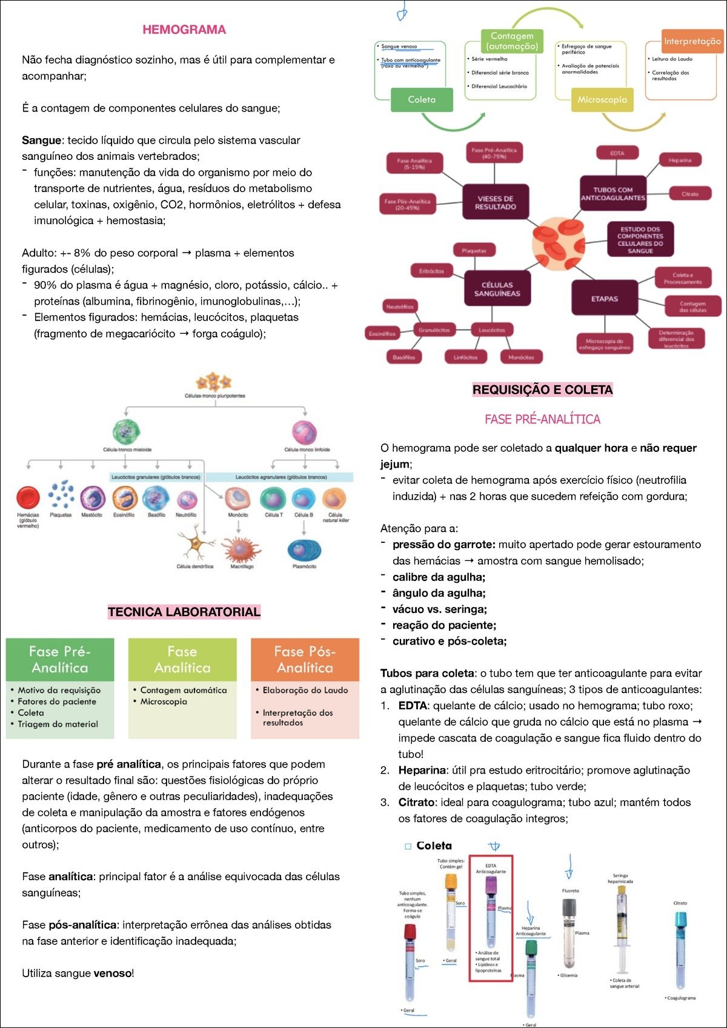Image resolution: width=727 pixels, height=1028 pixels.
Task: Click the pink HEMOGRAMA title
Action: click(x=184, y=30)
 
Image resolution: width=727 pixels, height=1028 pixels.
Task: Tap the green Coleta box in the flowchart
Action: click(x=422, y=100)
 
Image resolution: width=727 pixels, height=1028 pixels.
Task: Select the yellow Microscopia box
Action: click(x=602, y=100)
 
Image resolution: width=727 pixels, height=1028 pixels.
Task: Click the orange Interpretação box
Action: click(x=692, y=41)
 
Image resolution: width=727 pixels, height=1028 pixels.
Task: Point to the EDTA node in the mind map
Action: click(x=617, y=153)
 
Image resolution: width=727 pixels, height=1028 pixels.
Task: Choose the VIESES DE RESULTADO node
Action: click(x=496, y=202)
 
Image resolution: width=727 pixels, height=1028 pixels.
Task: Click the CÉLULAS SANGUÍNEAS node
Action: click(x=497, y=289)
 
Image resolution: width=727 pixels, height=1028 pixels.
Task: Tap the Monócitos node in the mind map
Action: click(x=521, y=357)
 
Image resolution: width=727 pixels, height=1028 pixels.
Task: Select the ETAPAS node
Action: click(x=605, y=299)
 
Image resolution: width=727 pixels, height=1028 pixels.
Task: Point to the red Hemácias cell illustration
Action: click(x=28, y=497)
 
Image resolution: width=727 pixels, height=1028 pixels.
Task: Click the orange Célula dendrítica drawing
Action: click(x=195, y=544)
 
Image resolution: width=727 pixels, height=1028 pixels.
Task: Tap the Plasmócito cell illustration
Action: click(x=304, y=549)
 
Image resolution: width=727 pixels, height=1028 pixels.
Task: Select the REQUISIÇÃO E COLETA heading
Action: click(x=542, y=390)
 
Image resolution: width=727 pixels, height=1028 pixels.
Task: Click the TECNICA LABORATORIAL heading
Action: click(x=184, y=612)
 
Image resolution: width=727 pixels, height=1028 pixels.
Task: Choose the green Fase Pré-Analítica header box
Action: click(x=60, y=660)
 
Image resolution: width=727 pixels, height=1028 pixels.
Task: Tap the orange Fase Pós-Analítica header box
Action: click(x=305, y=660)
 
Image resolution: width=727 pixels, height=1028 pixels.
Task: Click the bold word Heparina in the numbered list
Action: click(x=422, y=771)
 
